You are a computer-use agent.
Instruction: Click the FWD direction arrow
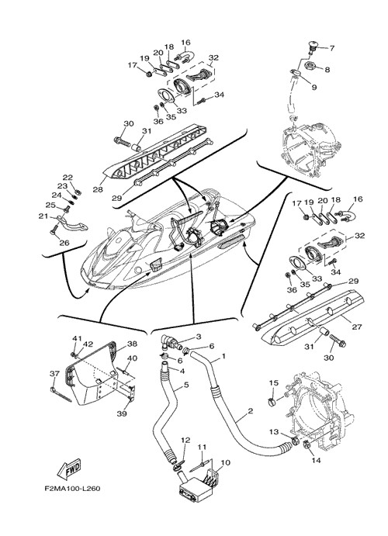70,470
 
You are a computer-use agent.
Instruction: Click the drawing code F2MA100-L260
72,489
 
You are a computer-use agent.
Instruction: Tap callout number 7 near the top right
331,48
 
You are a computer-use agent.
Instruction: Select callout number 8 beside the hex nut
327,70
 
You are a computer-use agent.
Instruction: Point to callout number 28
98,189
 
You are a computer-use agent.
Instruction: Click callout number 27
357,327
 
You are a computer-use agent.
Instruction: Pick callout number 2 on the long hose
250,411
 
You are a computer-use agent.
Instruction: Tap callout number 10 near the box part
226,463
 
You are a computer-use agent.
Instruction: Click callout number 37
54,374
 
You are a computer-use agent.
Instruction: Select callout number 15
274,383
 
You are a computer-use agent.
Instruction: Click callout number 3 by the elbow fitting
199,337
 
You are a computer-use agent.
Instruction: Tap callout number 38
132,344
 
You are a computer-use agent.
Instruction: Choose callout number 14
316,461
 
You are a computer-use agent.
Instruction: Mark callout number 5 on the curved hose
186,385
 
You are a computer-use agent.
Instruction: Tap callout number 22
68,178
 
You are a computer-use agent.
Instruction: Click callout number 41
77,338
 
